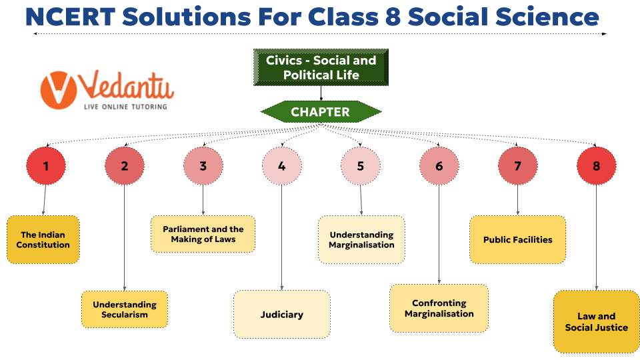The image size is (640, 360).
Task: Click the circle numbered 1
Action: tap(45, 166)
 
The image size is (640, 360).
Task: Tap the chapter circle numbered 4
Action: tap(281, 166)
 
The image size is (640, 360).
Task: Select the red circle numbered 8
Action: tap(596, 166)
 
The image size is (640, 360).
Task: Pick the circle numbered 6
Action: tap(439, 166)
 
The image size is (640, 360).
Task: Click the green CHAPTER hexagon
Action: tap(320, 112)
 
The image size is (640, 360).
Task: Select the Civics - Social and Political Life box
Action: tap(321, 67)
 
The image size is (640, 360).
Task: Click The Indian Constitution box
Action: tap(43, 239)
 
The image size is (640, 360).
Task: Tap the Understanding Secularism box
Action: tap(125, 309)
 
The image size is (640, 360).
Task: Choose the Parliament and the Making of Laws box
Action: tap(203, 234)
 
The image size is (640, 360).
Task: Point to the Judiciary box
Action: tap(281, 314)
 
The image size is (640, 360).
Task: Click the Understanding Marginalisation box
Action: tap(361, 239)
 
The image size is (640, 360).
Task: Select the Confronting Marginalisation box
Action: tap(439, 308)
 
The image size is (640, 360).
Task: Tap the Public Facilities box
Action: tap(518, 239)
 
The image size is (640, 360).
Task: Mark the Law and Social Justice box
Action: tap(596, 321)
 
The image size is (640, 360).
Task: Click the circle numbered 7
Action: tap(517, 166)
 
